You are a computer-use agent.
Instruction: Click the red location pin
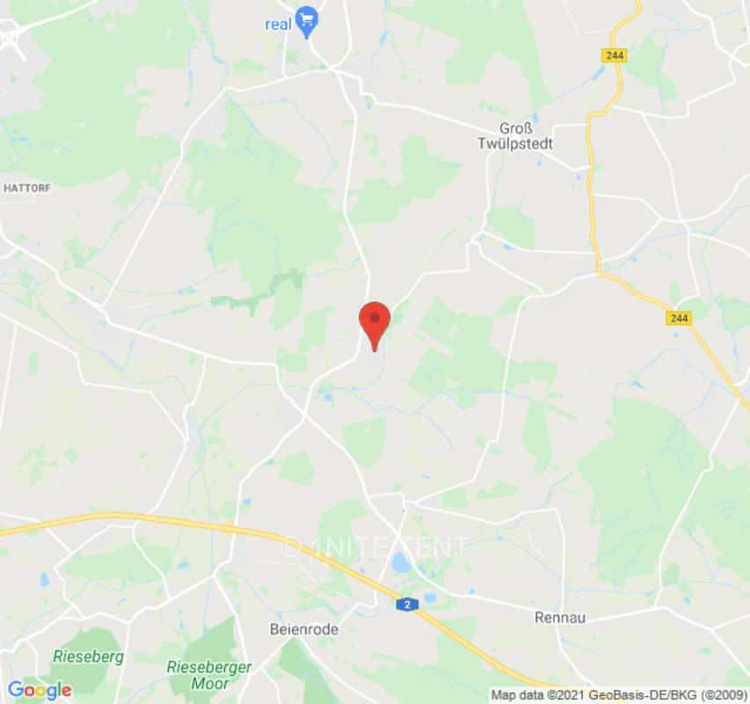[375, 322]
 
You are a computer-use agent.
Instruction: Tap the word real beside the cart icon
[278, 25]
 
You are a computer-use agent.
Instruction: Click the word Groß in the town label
[515, 128]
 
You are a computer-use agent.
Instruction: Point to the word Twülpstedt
[515, 143]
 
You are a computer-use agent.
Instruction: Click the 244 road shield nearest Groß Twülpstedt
[615, 55]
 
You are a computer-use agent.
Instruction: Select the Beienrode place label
[303, 629]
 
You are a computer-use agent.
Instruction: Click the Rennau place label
[560, 618]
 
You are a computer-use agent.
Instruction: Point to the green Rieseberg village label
[88, 656]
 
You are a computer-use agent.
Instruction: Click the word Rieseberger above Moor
[209, 667]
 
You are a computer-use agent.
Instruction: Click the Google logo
[40, 690]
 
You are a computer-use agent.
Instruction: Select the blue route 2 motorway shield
[405, 605]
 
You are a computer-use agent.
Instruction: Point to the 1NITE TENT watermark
[375, 547]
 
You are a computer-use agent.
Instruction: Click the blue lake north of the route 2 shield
[401, 561]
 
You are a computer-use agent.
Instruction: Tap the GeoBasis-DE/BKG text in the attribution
[635, 695]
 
